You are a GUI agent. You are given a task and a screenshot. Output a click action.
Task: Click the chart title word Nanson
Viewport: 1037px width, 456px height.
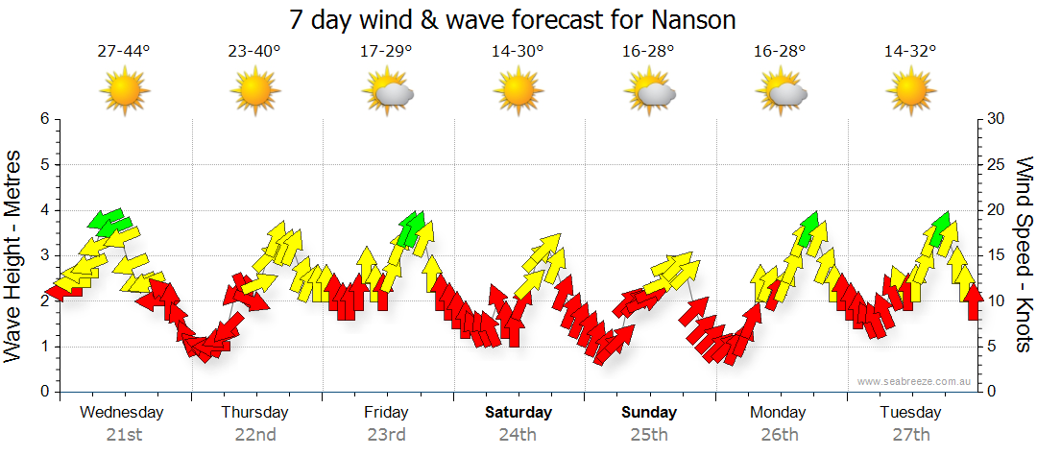point(694,19)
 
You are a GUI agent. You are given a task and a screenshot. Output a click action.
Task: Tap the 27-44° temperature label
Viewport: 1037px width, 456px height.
point(124,52)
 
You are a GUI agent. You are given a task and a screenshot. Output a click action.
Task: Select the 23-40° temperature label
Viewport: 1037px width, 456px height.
point(254,52)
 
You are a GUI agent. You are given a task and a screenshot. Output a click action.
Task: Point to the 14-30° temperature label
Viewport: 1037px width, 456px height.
point(518,52)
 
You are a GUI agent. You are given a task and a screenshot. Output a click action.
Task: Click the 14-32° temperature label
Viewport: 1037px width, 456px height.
point(910,52)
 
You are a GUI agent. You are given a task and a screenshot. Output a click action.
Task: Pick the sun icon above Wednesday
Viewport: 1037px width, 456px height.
point(124,92)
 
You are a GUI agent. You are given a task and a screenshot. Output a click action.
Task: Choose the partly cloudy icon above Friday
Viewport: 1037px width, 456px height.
point(387,92)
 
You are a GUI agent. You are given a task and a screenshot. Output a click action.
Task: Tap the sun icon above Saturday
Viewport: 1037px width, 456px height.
point(518,92)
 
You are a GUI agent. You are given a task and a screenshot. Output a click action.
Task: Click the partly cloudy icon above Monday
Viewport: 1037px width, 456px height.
point(780,92)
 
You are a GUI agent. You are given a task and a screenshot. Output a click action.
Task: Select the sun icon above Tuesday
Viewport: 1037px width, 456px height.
point(910,92)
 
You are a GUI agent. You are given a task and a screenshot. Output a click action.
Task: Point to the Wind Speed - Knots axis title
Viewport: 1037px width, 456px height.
point(1023,255)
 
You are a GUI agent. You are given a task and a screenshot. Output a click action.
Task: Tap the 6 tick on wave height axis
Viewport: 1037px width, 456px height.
point(43,119)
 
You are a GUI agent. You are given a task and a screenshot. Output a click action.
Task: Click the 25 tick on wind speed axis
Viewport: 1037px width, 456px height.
point(997,164)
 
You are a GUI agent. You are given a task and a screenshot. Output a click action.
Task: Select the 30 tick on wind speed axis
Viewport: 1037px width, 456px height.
point(997,119)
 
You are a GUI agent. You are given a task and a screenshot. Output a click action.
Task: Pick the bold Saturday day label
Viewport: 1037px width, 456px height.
point(518,413)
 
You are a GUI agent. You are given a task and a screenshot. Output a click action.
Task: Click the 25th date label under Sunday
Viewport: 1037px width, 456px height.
point(649,435)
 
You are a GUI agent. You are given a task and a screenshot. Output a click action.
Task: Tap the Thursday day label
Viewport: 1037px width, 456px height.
point(254,413)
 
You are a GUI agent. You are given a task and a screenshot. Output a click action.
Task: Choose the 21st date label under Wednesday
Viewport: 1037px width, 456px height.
point(124,435)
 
